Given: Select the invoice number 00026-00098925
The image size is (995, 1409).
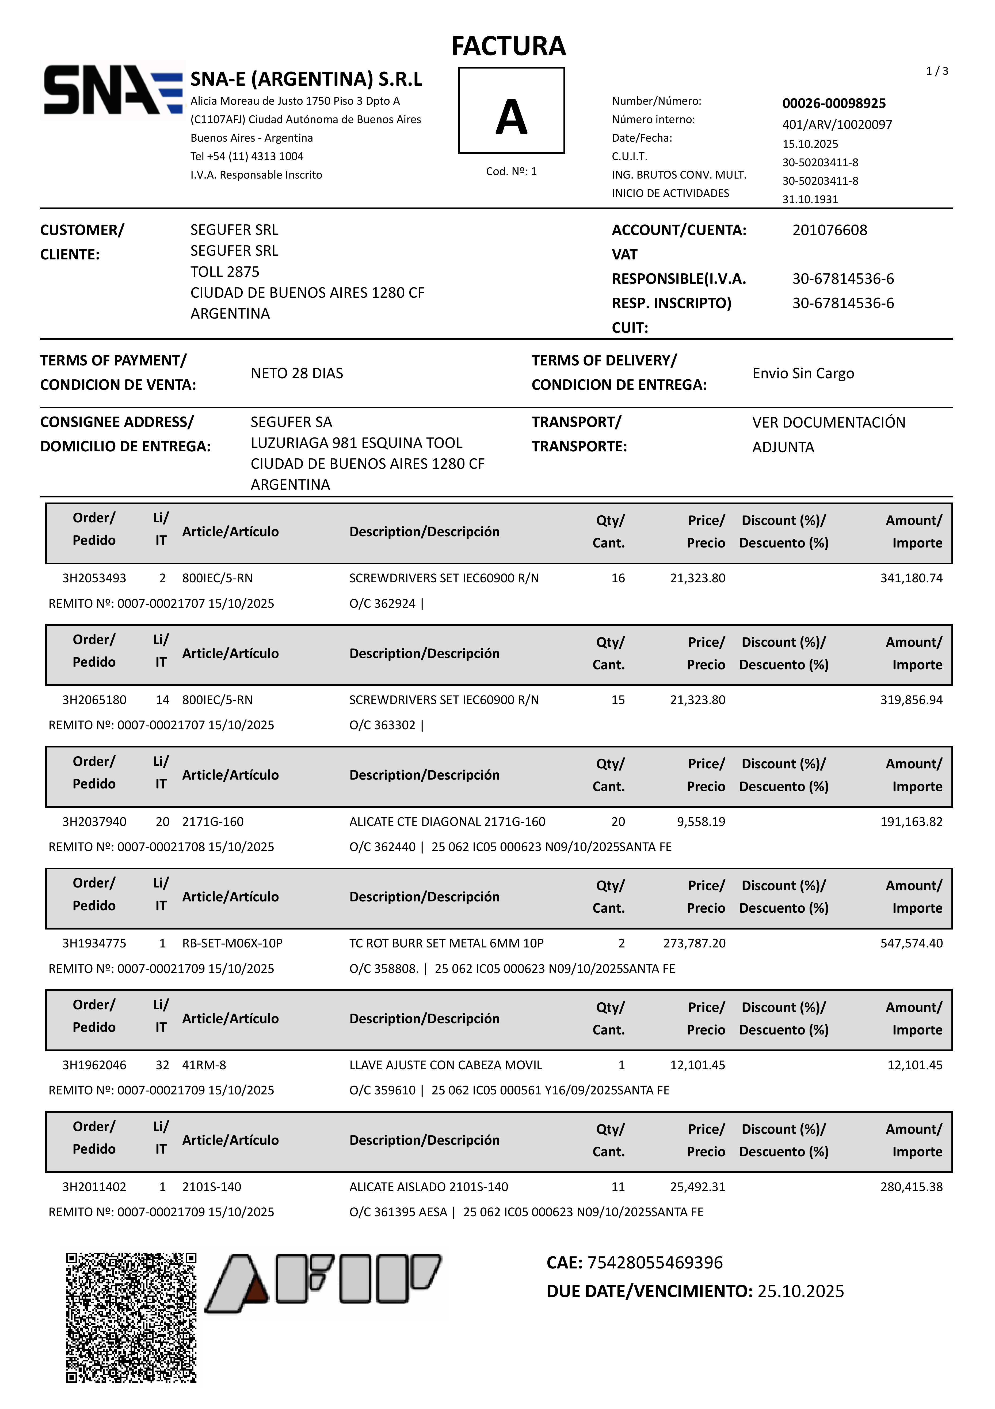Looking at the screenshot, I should (834, 103).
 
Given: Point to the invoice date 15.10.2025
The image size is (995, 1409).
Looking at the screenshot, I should (810, 143).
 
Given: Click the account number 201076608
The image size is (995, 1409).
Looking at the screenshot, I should (829, 230).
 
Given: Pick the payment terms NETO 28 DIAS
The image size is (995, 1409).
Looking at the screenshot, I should (297, 373).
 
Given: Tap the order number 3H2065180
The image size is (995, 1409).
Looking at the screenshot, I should (94, 700).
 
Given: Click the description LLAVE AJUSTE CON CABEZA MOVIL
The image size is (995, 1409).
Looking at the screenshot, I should (445, 1065).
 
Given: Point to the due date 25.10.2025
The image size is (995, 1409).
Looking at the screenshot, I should (800, 1291).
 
